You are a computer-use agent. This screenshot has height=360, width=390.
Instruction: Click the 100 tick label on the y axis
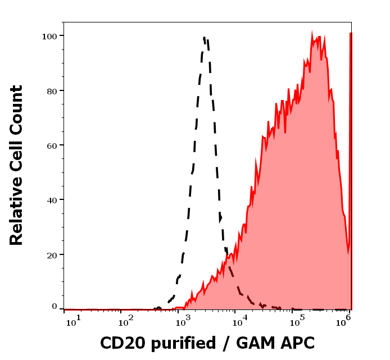49,36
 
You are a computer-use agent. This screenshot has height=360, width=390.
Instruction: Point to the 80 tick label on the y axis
52,90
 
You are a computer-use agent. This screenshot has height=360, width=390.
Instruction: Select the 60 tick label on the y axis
52,145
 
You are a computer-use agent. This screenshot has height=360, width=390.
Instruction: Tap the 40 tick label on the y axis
52,199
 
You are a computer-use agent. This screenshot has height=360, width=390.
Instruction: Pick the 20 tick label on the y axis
52,254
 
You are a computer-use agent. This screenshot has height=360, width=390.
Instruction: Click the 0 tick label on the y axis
55,307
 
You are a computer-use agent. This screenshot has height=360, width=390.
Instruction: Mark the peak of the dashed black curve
205,38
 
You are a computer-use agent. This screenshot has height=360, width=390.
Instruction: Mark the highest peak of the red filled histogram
312,34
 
